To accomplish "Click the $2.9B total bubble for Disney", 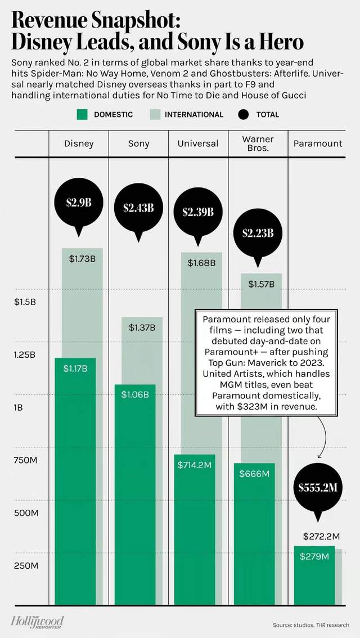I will [x=79, y=203].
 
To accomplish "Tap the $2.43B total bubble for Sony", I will [x=138, y=208].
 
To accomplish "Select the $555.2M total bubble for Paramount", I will [x=318, y=487].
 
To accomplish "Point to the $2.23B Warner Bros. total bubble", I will [x=258, y=233].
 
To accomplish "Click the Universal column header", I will [x=198, y=143].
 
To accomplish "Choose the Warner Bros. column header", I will [x=258, y=143].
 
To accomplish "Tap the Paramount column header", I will [x=318, y=143].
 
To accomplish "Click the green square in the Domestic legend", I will [x=82, y=114].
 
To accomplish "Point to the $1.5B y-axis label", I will [x=25, y=302].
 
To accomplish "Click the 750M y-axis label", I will [x=25, y=461].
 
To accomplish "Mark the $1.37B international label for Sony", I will [x=142, y=327].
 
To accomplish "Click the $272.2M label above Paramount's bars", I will [x=321, y=536].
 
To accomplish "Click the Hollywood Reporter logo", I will [x=37, y=621].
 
